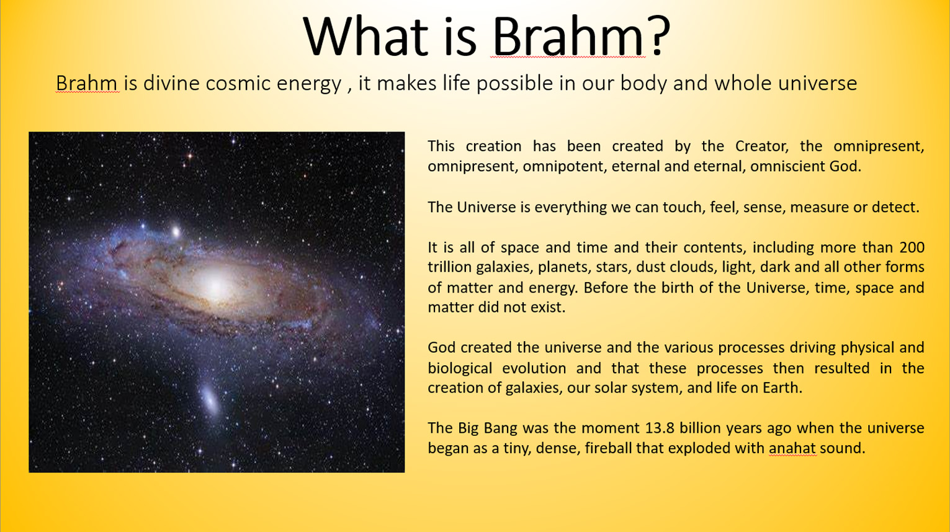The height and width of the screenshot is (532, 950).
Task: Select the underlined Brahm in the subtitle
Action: pyautogui.click(x=86, y=83)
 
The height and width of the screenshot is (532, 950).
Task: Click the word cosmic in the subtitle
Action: pyautogui.click(x=238, y=83)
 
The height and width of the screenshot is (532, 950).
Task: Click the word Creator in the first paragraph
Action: pyautogui.click(x=762, y=146)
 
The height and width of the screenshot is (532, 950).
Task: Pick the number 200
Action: pyautogui.click(x=912, y=247)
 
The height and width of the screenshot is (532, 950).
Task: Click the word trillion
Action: pyautogui.click(x=449, y=267)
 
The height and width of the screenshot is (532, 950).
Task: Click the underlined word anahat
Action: pyautogui.click(x=792, y=448)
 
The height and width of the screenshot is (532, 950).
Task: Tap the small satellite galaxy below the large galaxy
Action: pyautogui.click(x=210, y=399)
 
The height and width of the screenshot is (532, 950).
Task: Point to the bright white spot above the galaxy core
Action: pyautogui.click(x=176, y=231)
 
